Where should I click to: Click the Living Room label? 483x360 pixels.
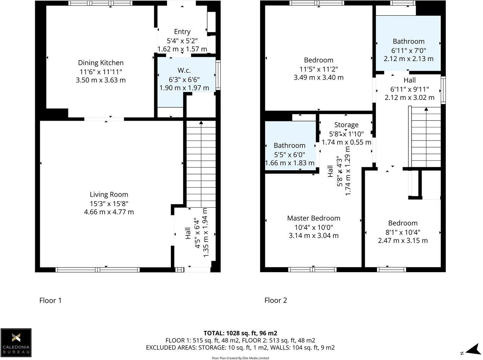109,195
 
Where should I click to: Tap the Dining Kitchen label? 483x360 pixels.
100,63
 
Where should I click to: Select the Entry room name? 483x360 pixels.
182,32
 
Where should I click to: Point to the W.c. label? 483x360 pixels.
184,70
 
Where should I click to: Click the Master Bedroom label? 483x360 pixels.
314,218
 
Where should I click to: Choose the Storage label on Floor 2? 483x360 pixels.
346,125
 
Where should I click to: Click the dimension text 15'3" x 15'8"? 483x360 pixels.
109,203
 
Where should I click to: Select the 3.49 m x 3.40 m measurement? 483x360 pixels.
318,77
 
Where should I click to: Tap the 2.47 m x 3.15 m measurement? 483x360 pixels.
403,240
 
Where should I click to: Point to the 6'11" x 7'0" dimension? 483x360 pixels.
408,50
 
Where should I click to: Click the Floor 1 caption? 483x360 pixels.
50,300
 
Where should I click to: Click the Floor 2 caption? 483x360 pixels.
276,300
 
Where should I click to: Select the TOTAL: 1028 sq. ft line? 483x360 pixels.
240,333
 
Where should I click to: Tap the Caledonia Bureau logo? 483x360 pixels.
16,343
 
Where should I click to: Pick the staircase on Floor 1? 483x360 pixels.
201,164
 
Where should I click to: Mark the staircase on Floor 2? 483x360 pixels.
426,138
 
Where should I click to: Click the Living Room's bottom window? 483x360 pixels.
98,270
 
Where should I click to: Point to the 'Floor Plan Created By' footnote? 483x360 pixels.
240,358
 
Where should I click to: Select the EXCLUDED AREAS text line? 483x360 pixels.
240,347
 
